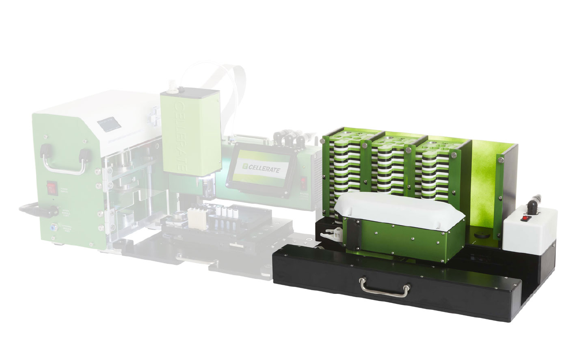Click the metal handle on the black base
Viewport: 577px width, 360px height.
click(384, 286)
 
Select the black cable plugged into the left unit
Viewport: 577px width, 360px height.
click(37, 210)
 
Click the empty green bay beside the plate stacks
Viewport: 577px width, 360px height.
click(483, 183)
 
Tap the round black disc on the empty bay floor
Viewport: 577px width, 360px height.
click(482, 235)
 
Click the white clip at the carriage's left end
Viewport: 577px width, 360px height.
click(330, 235)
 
